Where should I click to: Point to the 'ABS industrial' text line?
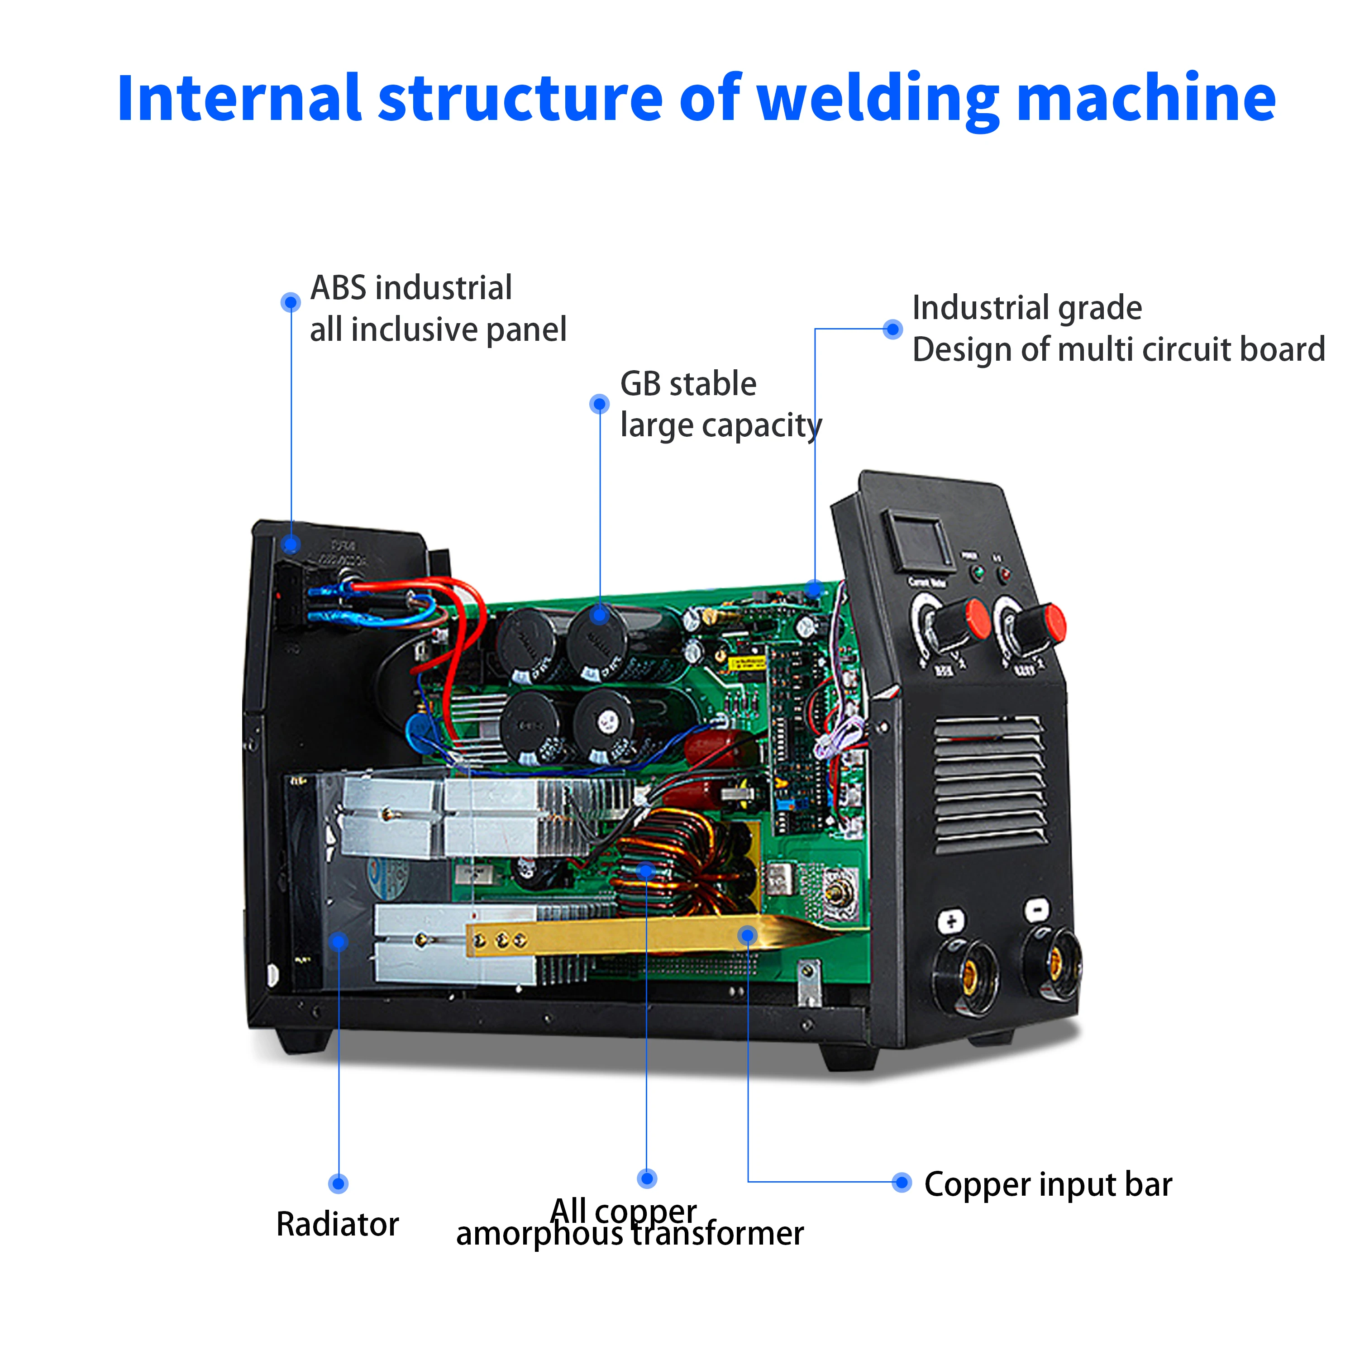click(x=411, y=287)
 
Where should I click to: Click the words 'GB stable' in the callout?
click(x=688, y=384)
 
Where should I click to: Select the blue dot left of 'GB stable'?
click(x=599, y=404)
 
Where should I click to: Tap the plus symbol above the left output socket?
click(x=950, y=921)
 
